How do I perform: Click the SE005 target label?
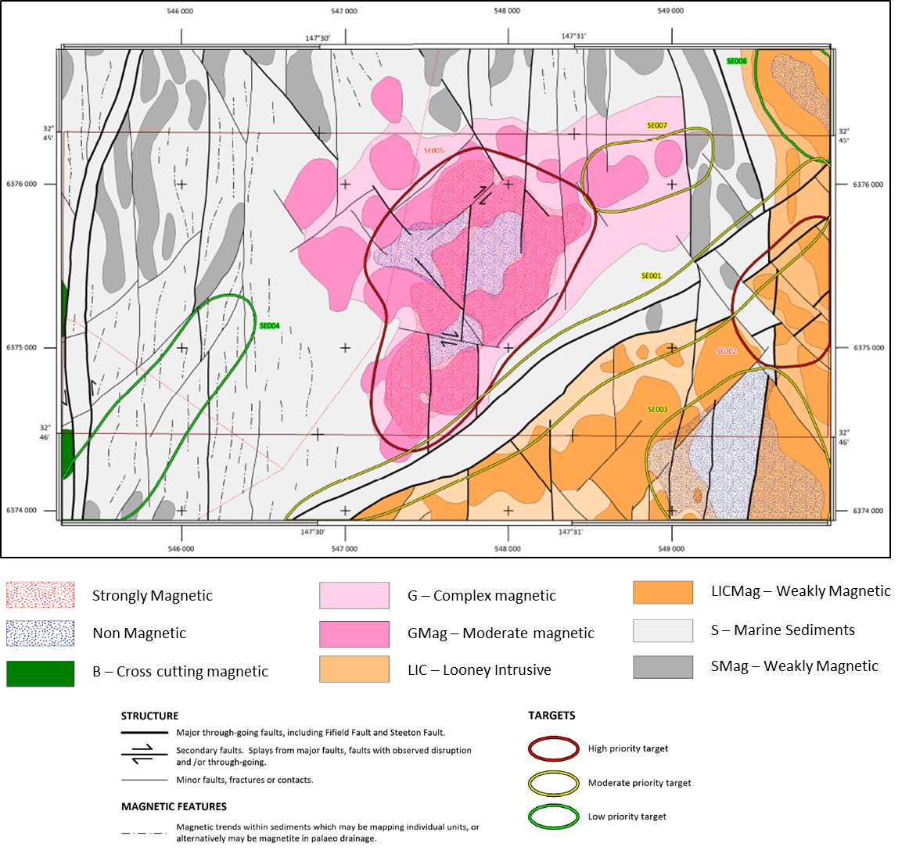[434, 151]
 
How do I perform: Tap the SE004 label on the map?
[269, 326]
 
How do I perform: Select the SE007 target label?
[657, 126]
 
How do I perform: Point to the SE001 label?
[652, 276]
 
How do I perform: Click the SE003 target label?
[658, 410]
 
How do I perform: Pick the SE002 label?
[727, 352]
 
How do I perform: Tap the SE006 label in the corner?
[737, 61]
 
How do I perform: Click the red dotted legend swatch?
[40, 594]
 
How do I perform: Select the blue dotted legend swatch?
[40, 633]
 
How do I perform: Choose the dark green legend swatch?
[40, 673]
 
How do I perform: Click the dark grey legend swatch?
[663, 667]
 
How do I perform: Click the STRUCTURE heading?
[149, 716]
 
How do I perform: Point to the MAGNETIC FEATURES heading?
[174, 806]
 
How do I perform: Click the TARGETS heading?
[552, 716]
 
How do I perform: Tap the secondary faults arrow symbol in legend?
[145, 755]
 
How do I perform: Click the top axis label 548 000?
[507, 11]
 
